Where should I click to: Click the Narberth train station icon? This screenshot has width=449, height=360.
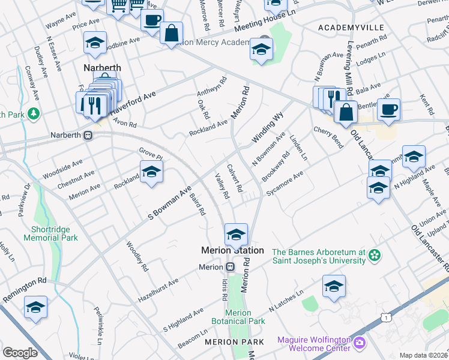click(x=88, y=136)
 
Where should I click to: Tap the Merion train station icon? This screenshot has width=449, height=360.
click(x=230, y=267)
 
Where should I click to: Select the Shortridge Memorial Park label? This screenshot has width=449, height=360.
click(x=50, y=233)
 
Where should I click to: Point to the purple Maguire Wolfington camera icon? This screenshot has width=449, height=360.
click(x=360, y=343)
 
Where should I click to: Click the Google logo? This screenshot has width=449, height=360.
click(x=20, y=353)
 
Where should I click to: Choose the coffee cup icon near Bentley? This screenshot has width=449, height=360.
click(x=388, y=110)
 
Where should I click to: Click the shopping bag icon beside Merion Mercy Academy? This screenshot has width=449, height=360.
click(x=172, y=34)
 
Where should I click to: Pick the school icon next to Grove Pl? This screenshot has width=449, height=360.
click(x=152, y=172)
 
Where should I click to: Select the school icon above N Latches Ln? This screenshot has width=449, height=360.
click(x=334, y=287)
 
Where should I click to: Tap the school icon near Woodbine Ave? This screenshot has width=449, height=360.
click(x=95, y=43)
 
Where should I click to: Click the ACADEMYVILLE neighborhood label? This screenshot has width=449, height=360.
click(x=349, y=28)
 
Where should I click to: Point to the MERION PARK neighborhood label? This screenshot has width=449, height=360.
click(x=234, y=341)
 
